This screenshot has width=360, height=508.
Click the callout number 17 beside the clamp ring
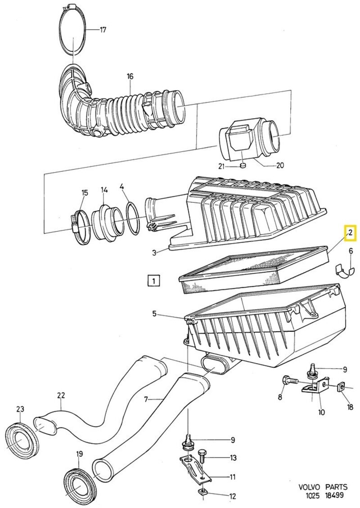(103, 30)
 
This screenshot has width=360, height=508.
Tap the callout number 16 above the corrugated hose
(130, 76)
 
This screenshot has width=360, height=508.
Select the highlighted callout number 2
(350, 233)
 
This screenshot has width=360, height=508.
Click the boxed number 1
(154, 281)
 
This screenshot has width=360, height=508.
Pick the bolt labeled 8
(288, 381)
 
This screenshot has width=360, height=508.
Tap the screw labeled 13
(202, 456)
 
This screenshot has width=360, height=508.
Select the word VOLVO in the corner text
(309, 487)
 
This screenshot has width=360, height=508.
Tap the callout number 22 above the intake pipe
(61, 396)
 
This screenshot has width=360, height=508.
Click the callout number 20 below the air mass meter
(279, 165)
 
